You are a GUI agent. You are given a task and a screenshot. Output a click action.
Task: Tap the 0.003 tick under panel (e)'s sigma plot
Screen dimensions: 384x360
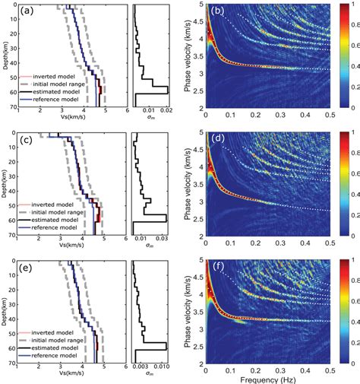click(142, 371)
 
